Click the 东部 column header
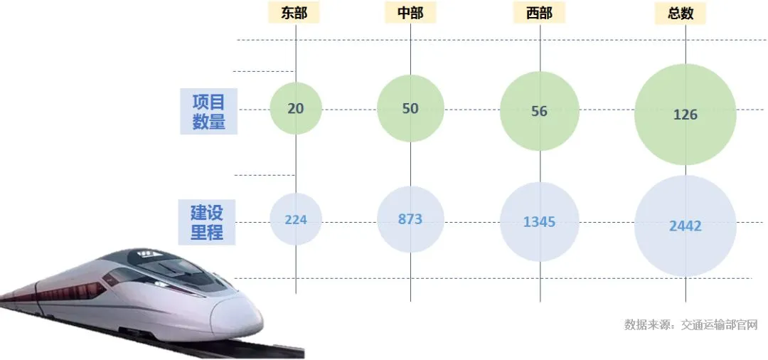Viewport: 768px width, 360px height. (x=294, y=13)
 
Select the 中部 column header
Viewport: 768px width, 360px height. (x=410, y=13)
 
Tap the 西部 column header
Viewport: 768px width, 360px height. (x=540, y=13)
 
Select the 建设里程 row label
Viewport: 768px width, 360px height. (x=207, y=222)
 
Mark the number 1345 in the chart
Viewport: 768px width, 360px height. (x=539, y=222)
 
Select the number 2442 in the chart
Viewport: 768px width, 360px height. (x=686, y=226)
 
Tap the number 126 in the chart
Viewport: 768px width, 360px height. (x=686, y=115)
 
